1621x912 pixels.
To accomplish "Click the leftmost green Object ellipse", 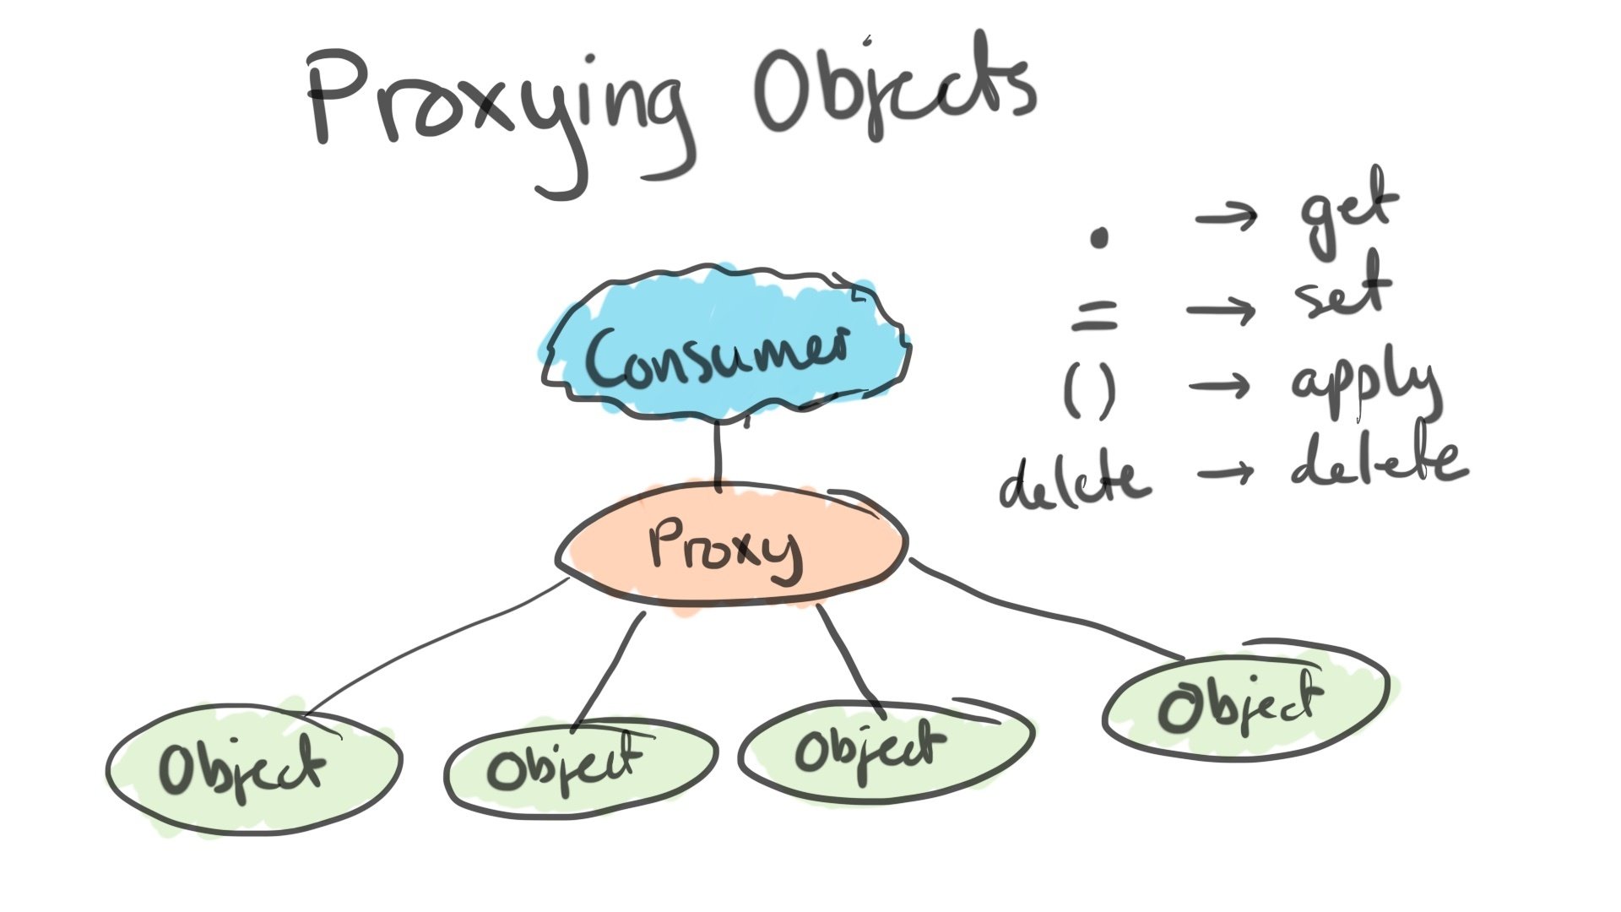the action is tap(253, 768).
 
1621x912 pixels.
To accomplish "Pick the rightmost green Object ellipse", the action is tap(1245, 705).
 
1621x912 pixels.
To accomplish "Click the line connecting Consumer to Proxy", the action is tap(718, 456).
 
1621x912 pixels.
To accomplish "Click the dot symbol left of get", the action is tap(1098, 238).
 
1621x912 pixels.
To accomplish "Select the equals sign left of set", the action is tap(1095, 316).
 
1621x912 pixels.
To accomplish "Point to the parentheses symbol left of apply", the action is tap(1090, 394).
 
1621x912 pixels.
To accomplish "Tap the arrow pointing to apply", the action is tap(1220, 387).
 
